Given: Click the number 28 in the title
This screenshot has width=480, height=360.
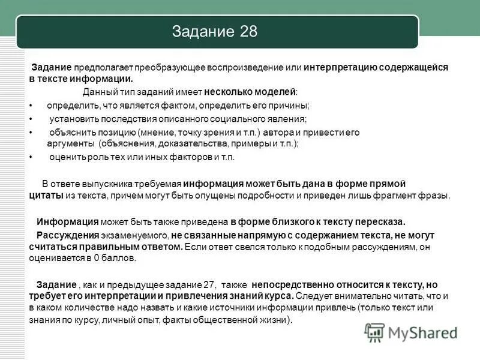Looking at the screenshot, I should tap(247, 31).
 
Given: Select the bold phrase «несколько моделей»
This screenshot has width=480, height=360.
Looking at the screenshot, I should tap(250, 92).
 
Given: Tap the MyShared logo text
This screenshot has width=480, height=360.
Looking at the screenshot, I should tap(422, 332).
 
